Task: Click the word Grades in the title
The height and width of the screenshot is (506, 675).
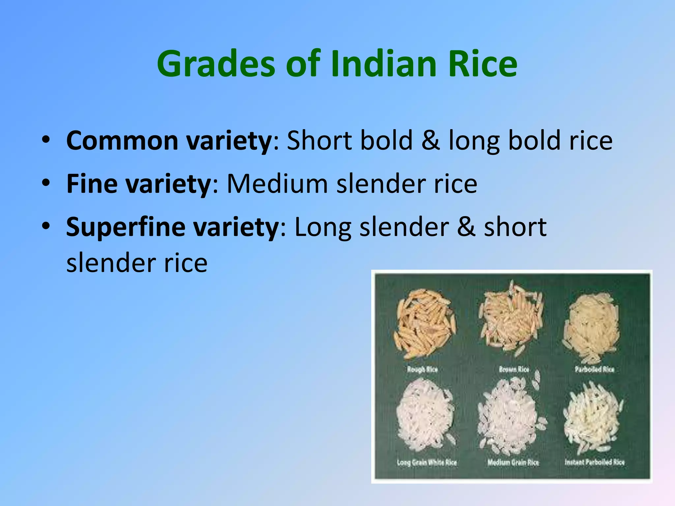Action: pos(216,64)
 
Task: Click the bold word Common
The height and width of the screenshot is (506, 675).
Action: pos(122,141)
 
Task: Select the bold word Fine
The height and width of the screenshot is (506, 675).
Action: pos(92,183)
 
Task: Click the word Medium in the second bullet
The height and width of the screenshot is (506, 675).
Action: pos(277,183)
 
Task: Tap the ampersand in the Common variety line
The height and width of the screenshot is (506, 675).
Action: pos(430,141)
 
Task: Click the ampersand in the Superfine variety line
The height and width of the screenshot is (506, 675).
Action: pos(466,227)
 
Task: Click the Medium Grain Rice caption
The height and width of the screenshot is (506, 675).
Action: pos(513,463)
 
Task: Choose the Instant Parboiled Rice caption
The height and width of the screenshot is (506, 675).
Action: pos(595,462)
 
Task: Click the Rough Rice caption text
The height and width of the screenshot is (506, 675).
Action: pos(422,369)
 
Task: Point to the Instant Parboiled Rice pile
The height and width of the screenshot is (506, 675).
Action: pos(592,417)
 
